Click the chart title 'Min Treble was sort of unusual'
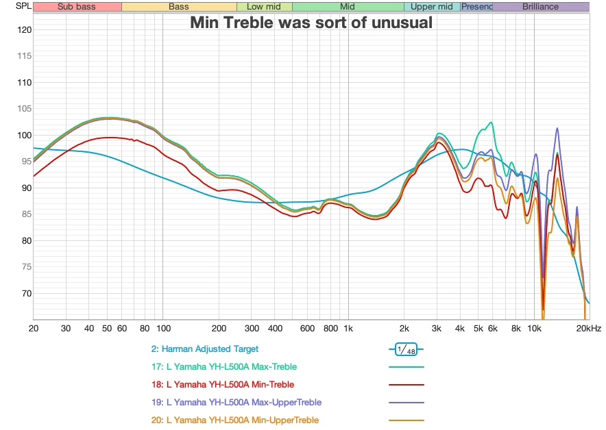coord(311,23)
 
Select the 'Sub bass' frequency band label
coord(77,7)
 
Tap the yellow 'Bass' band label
coord(179,7)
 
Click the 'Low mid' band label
coord(264,7)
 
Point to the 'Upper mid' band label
coord(431,7)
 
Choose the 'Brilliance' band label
coord(540,7)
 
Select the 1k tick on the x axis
coord(348,329)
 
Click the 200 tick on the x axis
coord(219,329)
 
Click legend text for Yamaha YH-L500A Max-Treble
coord(232,367)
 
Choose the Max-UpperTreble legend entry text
coord(243,403)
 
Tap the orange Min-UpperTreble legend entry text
coord(242,420)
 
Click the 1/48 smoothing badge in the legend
coord(406,350)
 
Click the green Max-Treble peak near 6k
coord(490,123)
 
